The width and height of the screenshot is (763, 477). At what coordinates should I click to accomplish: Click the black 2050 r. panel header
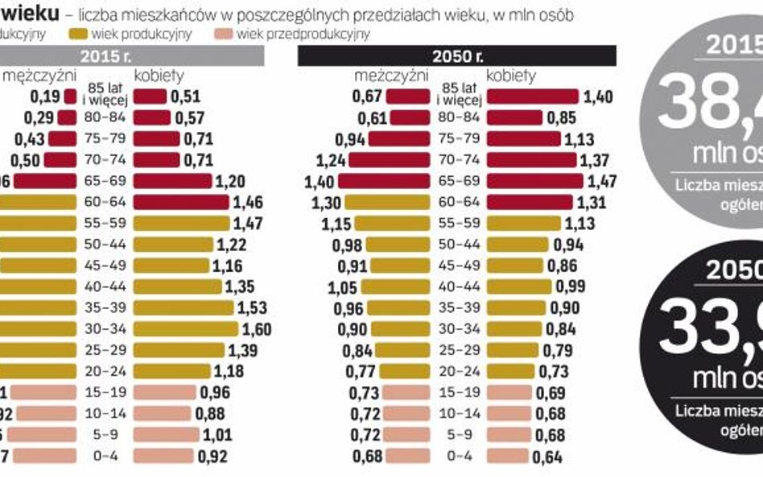tap(457, 56)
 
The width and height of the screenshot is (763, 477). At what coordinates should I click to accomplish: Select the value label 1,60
tap(256, 328)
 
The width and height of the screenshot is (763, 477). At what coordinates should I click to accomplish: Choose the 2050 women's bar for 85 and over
tap(533, 97)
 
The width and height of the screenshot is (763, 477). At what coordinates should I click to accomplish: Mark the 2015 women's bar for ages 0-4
tap(163, 455)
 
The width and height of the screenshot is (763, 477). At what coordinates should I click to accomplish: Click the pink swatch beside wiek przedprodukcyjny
tap(225, 34)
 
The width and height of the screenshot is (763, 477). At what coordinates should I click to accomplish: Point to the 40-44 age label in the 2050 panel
tap(460, 286)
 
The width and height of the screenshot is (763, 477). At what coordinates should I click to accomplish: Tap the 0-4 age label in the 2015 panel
tap(105, 455)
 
